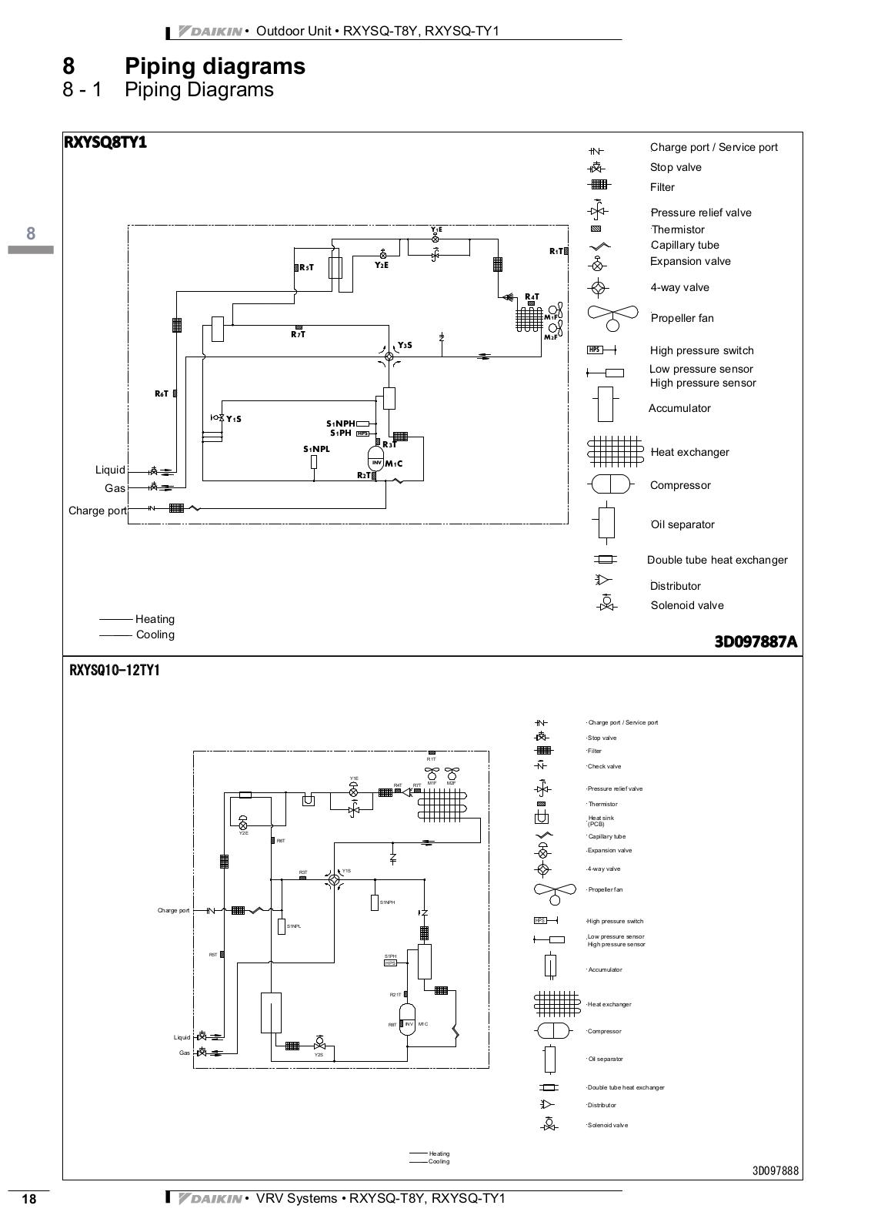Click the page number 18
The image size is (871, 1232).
click(x=29, y=1199)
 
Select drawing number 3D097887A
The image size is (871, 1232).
click(x=756, y=641)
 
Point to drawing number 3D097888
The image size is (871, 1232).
click(x=776, y=1171)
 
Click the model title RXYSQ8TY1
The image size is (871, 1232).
click(x=105, y=142)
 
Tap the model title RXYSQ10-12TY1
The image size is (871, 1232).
click(x=115, y=670)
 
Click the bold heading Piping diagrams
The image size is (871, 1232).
click(x=215, y=66)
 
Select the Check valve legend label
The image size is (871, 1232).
click(x=604, y=766)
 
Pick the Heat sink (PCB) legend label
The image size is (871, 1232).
click(x=601, y=821)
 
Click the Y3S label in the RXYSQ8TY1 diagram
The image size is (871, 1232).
click(x=405, y=345)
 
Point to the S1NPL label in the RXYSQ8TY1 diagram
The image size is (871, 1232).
click(x=316, y=449)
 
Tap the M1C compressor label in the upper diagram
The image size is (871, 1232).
click(x=394, y=464)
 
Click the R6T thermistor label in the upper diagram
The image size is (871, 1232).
click(x=162, y=393)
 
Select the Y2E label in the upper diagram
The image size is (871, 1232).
click(x=382, y=265)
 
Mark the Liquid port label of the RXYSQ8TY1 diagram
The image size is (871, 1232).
click(x=110, y=470)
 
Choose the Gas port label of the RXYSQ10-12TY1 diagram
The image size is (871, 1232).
click(x=185, y=1053)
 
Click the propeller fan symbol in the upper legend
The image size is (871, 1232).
click(x=612, y=316)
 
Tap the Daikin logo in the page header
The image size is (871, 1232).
click(x=209, y=32)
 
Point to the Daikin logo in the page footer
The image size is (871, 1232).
click(x=209, y=1198)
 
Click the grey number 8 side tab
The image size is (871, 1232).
click(x=31, y=233)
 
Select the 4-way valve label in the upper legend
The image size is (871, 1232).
click(x=679, y=287)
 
